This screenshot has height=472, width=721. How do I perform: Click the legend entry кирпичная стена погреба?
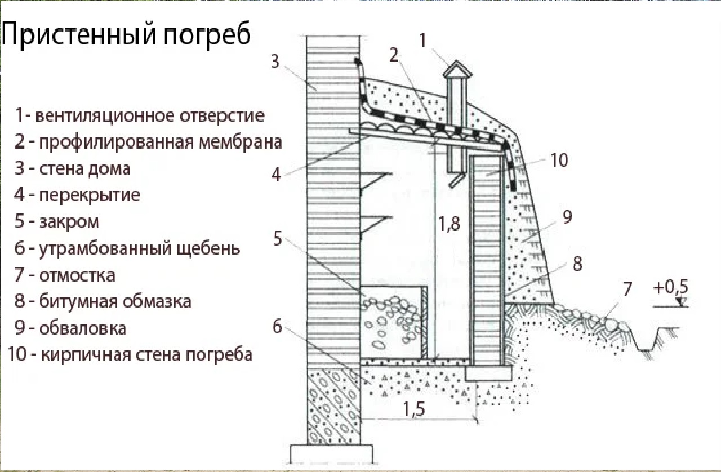(x=130, y=355)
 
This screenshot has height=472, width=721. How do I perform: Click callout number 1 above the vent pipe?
(x=424, y=41)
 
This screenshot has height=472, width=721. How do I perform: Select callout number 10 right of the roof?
(x=559, y=161)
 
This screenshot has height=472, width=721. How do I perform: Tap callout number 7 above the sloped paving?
(x=627, y=289)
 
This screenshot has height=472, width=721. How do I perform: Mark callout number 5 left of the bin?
(x=277, y=239)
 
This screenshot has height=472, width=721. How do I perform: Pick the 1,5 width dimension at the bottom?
(x=413, y=409)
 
